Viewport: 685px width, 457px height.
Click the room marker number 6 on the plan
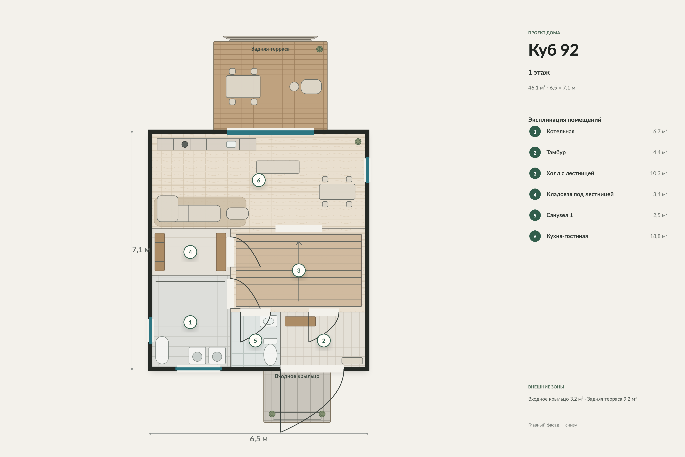pyautogui.click(x=259, y=180)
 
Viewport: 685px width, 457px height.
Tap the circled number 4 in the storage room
pyautogui.click(x=190, y=252)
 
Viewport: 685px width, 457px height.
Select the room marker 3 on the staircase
pyautogui.click(x=299, y=270)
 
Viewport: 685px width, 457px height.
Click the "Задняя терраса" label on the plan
pyautogui.click(x=270, y=49)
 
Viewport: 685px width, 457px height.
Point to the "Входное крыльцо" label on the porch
pyautogui.click(x=297, y=376)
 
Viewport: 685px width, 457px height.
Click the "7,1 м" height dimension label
pyautogui.click(x=141, y=250)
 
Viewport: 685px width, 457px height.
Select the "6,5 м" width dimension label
pyautogui.click(x=259, y=439)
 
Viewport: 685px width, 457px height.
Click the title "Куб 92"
pyautogui.click(x=553, y=50)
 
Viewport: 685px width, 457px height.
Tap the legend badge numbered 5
pyautogui.click(x=535, y=215)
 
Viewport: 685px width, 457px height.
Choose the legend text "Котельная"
pyautogui.click(x=560, y=131)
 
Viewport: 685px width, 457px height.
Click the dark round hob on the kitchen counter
pyautogui.click(x=185, y=144)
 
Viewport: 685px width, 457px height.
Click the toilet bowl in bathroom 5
pyautogui.click(x=270, y=354)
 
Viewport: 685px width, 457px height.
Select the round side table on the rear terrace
pyautogui.click(x=294, y=87)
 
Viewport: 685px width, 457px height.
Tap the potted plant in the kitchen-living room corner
pyautogui.click(x=358, y=142)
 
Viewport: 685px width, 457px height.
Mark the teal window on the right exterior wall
pyautogui.click(x=367, y=170)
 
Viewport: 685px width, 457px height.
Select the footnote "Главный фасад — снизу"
pyautogui.click(x=553, y=425)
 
